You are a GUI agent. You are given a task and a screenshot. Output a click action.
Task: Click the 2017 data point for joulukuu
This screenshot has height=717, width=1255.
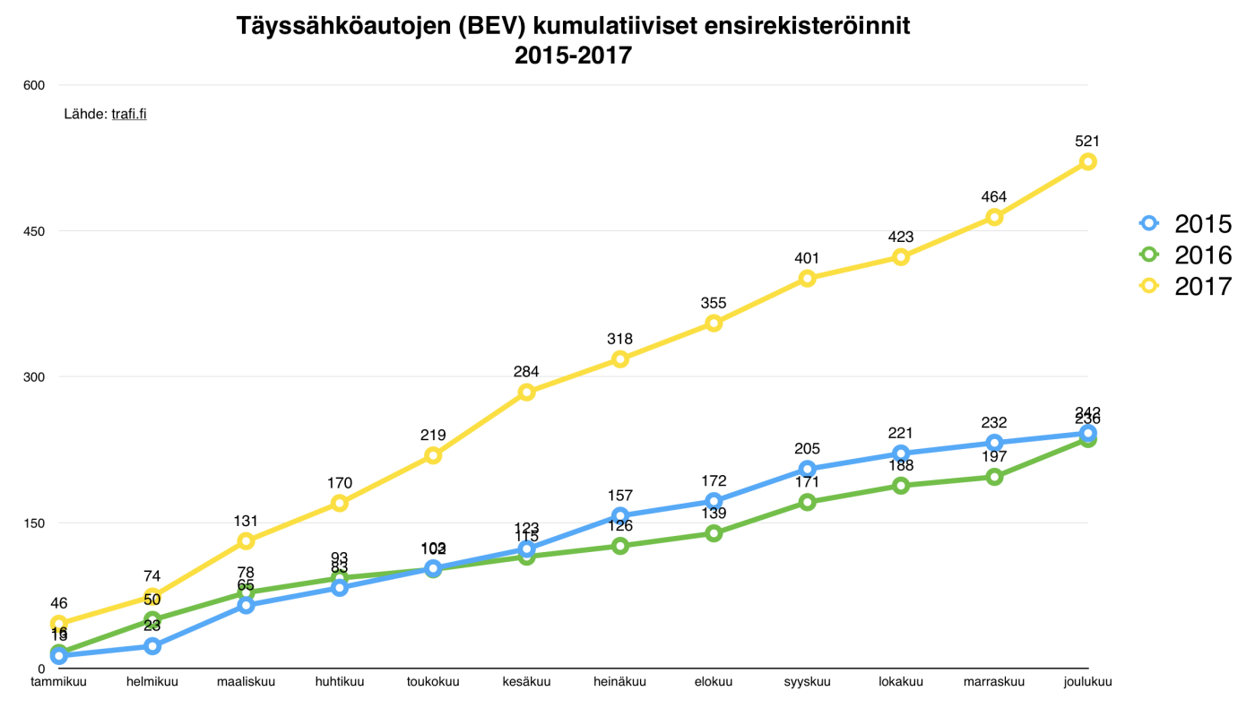[1087, 161]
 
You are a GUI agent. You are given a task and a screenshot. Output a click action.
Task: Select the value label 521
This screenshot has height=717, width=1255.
[1087, 141]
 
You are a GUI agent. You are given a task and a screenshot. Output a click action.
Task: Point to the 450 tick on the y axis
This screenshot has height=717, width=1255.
[33, 231]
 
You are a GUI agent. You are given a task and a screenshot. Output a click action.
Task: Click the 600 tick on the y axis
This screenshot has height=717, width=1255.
[33, 85]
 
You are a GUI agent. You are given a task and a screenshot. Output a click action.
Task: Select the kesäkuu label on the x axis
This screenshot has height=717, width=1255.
[526, 682]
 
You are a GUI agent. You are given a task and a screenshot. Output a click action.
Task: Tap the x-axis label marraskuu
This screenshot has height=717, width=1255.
[993, 682]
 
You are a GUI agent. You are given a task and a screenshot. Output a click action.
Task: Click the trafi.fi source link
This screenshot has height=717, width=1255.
[129, 114]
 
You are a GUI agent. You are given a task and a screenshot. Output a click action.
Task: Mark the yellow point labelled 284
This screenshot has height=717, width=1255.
[526, 392]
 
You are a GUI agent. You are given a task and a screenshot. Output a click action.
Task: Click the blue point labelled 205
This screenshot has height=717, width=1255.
[807, 469]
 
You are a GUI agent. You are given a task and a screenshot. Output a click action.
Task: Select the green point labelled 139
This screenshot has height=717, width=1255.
[714, 533]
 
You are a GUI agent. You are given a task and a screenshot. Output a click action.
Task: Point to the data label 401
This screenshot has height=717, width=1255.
[807, 258]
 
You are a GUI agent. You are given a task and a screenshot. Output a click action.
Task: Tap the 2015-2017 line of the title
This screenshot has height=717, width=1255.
[573, 56]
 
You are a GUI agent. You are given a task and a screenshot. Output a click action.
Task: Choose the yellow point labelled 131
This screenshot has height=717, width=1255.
[246, 540]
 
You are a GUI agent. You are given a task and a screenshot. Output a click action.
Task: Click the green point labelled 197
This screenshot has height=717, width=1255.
[994, 477]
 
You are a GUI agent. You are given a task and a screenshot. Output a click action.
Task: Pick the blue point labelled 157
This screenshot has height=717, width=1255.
[619, 515]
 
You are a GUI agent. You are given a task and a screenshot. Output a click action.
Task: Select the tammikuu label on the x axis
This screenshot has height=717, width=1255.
[59, 682]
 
